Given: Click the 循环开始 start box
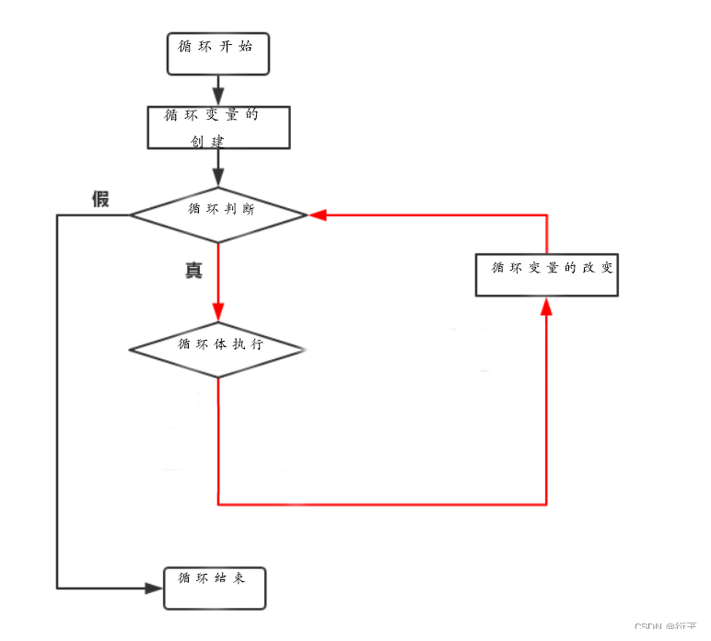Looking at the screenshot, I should point(217,54).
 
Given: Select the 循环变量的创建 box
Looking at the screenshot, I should point(218,127).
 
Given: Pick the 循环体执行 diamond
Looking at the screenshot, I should point(217,350).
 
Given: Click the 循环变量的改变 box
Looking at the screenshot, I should point(546,274).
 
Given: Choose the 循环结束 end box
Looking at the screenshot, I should point(215,588).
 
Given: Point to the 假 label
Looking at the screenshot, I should point(100,199).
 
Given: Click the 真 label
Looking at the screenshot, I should point(193,271).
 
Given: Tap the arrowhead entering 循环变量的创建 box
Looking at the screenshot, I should point(218,96).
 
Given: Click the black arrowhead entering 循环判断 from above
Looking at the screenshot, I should point(218,177).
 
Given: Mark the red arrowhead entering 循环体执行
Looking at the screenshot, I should point(218,312).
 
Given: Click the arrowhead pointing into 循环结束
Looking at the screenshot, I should point(155,588).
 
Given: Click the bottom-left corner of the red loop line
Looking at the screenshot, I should point(218,505).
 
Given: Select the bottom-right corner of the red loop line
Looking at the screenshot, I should point(546,505).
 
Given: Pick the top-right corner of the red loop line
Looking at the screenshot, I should point(546,215).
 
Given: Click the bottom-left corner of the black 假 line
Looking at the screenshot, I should point(57,588).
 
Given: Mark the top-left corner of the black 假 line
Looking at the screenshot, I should point(57,215).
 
